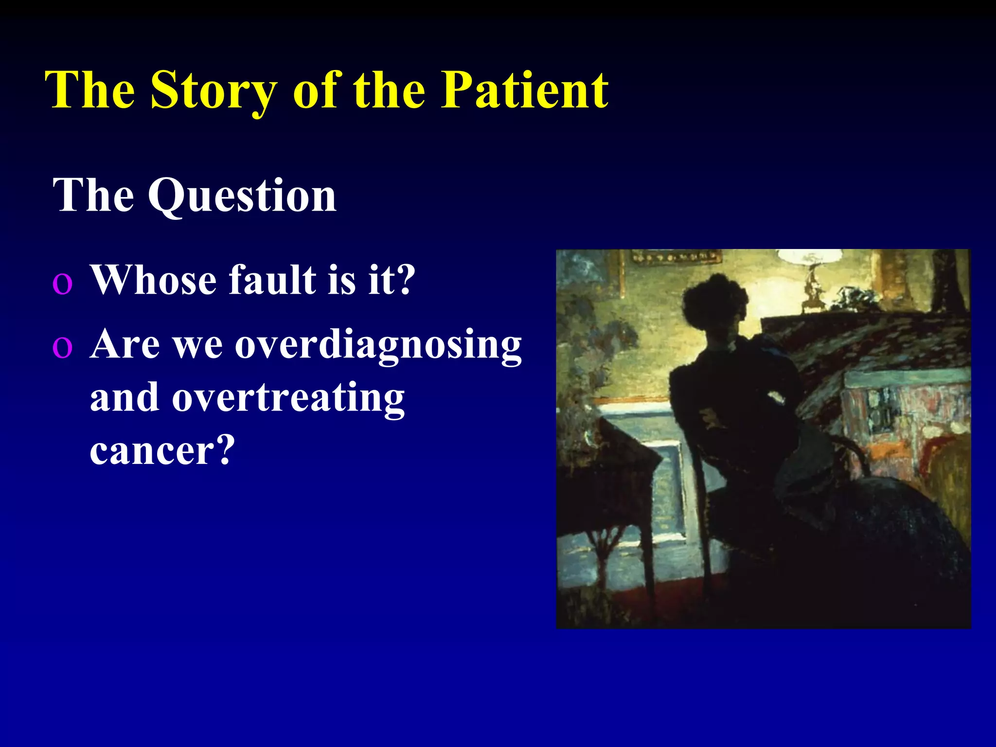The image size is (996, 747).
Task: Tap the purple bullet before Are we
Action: (62, 347)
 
